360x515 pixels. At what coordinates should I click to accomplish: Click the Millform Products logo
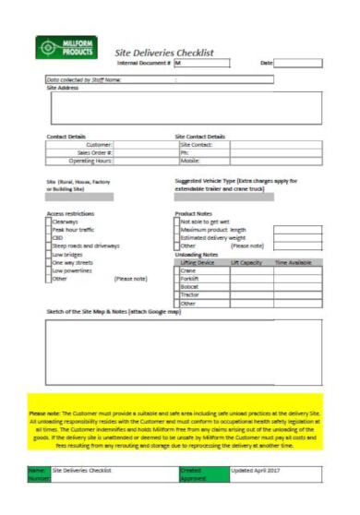point(65,47)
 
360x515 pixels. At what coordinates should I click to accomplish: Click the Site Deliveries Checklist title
point(163,53)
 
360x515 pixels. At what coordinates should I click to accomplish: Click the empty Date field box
point(302,63)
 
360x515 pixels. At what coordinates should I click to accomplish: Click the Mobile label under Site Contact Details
point(191,161)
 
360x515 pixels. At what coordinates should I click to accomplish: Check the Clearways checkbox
point(49,222)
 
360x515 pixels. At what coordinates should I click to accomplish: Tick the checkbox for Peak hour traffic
point(49,229)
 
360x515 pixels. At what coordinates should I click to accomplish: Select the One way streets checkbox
point(49,262)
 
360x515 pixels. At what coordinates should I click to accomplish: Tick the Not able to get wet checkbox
point(178,222)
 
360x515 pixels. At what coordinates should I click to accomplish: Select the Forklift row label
point(189,279)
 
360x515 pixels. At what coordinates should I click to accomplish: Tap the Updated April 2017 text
point(258,470)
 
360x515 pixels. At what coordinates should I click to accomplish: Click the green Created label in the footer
point(189,470)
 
